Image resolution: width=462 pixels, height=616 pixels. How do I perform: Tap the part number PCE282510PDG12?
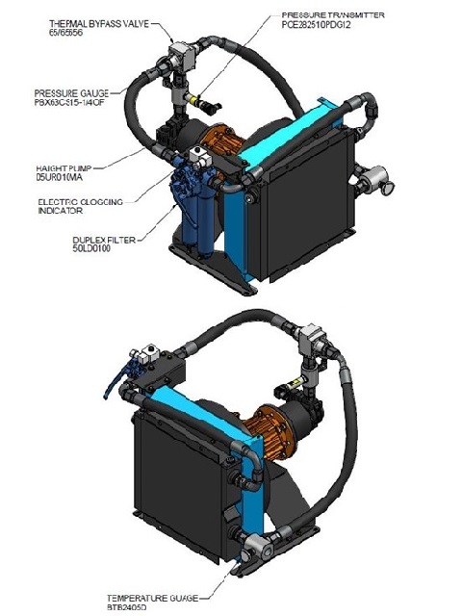point(323,27)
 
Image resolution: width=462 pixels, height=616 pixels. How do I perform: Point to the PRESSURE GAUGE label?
point(64,92)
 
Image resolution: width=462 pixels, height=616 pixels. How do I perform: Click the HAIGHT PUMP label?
point(65,167)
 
